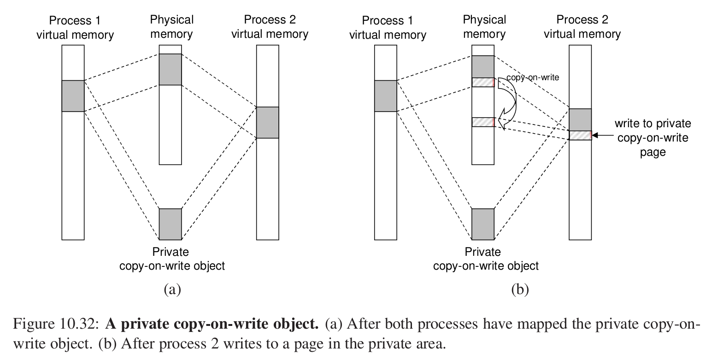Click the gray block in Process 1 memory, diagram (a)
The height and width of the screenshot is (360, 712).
click(x=73, y=96)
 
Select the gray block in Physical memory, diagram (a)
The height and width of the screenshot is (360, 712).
click(x=170, y=70)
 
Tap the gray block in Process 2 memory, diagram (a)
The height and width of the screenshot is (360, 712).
click(x=268, y=123)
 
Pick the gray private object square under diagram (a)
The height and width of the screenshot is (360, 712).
click(x=170, y=224)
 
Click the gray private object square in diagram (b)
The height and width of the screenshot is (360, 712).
click(x=483, y=224)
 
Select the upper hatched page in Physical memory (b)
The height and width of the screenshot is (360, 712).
click(x=483, y=83)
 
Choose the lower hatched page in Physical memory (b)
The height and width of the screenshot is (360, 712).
click(x=483, y=122)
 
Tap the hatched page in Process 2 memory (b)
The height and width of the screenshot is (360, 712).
click(x=580, y=135)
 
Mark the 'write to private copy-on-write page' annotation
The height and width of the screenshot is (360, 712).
click(x=653, y=137)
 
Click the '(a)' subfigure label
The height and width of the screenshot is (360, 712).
click(x=172, y=289)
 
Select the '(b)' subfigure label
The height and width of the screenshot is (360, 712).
click(x=520, y=289)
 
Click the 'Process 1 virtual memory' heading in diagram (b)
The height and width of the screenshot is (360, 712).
click(x=388, y=28)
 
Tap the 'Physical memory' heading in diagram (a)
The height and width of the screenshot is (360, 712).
click(x=171, y=27)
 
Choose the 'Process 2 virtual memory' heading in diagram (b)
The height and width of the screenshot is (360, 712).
click(x=582, y=27)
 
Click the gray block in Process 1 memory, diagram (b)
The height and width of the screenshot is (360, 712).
click(x=386, y=96)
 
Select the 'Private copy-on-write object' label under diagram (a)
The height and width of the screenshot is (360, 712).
click(x=172, y=259)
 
